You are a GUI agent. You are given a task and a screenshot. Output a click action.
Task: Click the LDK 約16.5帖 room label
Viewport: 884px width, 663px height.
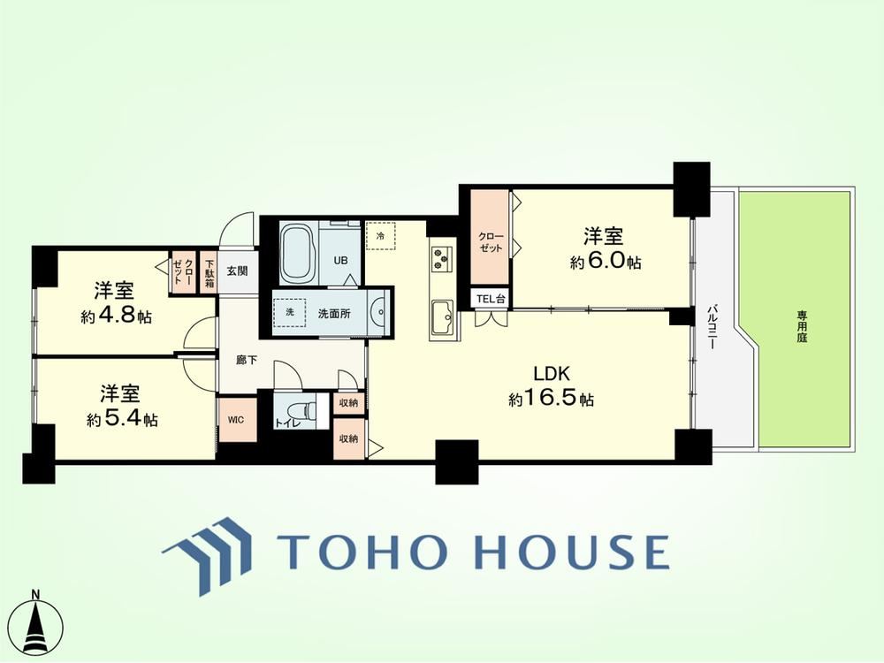551,386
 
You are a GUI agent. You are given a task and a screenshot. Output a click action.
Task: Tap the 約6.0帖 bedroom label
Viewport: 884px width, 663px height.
606,248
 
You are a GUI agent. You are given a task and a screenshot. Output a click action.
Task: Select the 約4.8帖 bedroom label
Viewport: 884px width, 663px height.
116,303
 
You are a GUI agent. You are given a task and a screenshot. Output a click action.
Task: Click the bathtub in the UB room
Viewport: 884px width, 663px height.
298,253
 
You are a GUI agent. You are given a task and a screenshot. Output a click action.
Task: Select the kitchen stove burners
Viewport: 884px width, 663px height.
441,259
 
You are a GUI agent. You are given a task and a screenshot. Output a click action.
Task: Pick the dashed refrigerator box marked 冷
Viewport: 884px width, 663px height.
380,236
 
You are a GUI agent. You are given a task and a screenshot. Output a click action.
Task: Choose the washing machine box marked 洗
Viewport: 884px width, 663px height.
290,312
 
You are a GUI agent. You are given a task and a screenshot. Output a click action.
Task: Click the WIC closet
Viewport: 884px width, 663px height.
237,420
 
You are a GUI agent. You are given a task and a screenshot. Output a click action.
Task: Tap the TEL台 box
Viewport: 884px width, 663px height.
491,299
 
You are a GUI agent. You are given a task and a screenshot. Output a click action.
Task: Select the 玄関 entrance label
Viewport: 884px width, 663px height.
237,271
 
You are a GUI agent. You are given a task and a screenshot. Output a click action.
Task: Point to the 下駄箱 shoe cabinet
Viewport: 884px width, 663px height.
209,273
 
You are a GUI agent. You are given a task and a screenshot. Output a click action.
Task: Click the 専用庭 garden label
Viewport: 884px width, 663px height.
802,326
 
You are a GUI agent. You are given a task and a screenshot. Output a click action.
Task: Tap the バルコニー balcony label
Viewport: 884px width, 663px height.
712,326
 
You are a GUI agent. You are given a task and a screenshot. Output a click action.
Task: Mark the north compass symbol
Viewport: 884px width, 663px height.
38,624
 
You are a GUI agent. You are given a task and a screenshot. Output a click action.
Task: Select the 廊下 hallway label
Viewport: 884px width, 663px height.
247,360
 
